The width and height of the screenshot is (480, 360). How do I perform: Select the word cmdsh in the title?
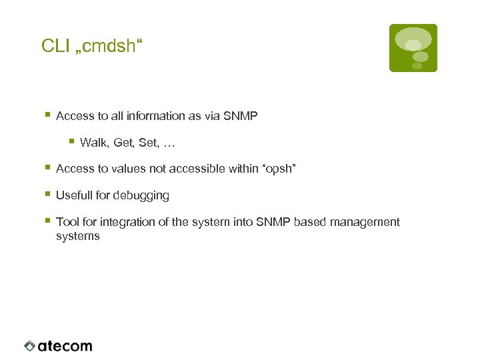(x=107, y=46)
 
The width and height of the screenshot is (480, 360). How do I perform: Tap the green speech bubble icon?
(x=413, y=48)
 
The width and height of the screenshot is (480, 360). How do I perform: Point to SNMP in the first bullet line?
(x=241, y=116)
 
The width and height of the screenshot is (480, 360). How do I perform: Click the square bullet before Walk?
(x=71, y=141)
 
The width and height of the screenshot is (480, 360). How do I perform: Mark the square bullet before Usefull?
(x=47, y=194)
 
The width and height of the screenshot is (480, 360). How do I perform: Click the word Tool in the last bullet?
(x=67, y=222)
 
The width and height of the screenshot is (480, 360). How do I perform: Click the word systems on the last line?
(x=77, y=236)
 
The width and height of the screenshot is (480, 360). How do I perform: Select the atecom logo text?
(x=65, y=346)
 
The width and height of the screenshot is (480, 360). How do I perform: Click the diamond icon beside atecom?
(x=29, y=346)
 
